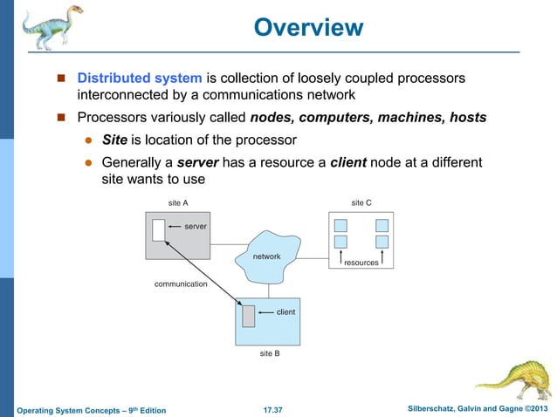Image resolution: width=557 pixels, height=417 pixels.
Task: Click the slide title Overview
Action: pos(307,28)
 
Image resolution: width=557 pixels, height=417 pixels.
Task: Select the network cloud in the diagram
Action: pos(266,256)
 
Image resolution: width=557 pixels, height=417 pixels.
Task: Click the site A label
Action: pos(177,202)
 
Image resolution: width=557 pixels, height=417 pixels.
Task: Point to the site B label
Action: pos(270,355)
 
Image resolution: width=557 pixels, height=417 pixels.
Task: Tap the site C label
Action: pos(361,202)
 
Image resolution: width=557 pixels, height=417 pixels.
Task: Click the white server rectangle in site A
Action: pos(158,229)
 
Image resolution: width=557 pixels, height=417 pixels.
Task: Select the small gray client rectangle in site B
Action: pos(249,316)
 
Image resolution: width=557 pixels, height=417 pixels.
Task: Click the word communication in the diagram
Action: pos(181,284)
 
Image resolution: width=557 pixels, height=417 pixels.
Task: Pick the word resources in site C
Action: pos(361,262)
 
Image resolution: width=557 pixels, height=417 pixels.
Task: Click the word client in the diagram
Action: pos(285,311)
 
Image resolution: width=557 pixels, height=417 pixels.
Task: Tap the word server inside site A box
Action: pos(195,226)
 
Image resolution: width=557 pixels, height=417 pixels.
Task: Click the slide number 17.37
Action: pos(278,408)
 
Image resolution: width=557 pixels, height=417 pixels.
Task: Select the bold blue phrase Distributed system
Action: pos(140,79)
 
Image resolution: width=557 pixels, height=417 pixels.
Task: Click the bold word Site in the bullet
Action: pos(115,140)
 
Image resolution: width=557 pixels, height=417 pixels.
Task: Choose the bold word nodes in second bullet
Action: pos(272,117)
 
